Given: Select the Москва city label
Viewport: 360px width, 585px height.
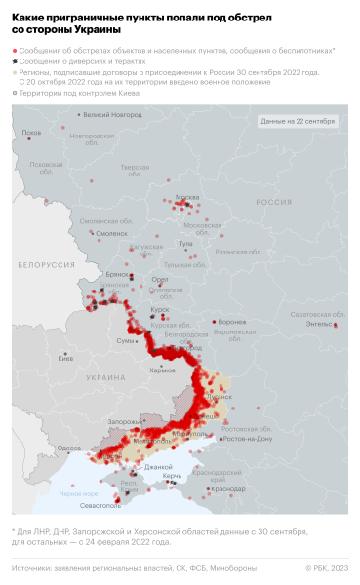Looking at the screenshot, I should tap(186, 198).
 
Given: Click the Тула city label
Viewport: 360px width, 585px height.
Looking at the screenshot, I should tap(185, 243).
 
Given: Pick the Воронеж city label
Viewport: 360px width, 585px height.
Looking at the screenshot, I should tap(232, 321).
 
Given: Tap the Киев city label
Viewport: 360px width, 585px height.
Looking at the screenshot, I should tap(65, 358).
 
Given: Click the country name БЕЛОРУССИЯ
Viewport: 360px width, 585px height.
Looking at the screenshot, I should tap(45, 264).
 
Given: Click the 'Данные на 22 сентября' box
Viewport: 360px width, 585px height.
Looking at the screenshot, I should tap(298, 121).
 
